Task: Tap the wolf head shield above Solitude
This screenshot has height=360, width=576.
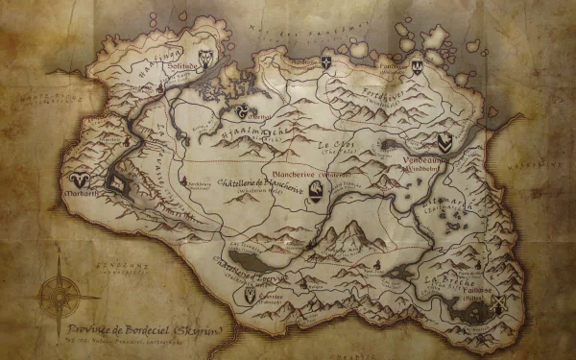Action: tap(206, 57)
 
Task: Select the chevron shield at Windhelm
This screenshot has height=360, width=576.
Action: tap(444, 143)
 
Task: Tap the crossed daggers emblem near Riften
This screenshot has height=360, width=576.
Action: tap(501, 303)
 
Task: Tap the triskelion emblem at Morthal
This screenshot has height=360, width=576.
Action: tap(245, 109)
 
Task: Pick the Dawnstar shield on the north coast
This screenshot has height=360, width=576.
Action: tap(325, 63)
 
